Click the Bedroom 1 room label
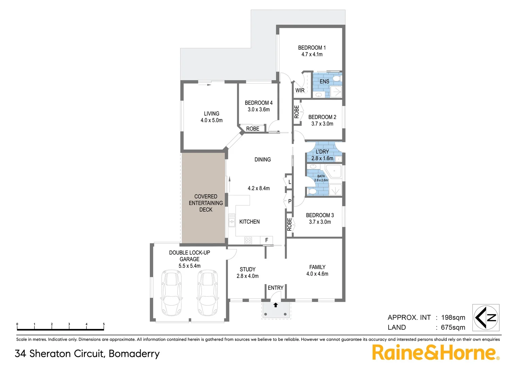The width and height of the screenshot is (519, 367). pos(311,48)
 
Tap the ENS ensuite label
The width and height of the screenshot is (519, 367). pos(324,82)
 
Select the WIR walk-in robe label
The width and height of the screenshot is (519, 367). pos(300,90)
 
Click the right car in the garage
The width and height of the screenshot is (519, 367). pos(208,292)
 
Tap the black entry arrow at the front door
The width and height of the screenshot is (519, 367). pos(275,305)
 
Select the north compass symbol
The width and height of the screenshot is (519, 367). pos(486,318)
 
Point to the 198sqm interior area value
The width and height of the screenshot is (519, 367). pos(453,317)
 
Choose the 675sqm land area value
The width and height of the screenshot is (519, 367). pos(453,328)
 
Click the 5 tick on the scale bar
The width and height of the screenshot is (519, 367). pos(104,325)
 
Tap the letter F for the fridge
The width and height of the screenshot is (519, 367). pos(267,240)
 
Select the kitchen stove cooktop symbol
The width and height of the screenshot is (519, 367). pos(248,240)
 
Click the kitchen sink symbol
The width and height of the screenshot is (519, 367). pos(232,220)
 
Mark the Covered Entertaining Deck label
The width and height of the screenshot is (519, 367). pos(205,203)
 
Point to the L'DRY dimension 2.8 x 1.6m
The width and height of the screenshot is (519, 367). pos(322,158)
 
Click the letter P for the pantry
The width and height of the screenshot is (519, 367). pos(289,201)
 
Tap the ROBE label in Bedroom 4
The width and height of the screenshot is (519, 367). pos(252,129)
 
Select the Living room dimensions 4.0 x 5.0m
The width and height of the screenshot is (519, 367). pos(211,120)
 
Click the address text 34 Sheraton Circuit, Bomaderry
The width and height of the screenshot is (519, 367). pos(87,354)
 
